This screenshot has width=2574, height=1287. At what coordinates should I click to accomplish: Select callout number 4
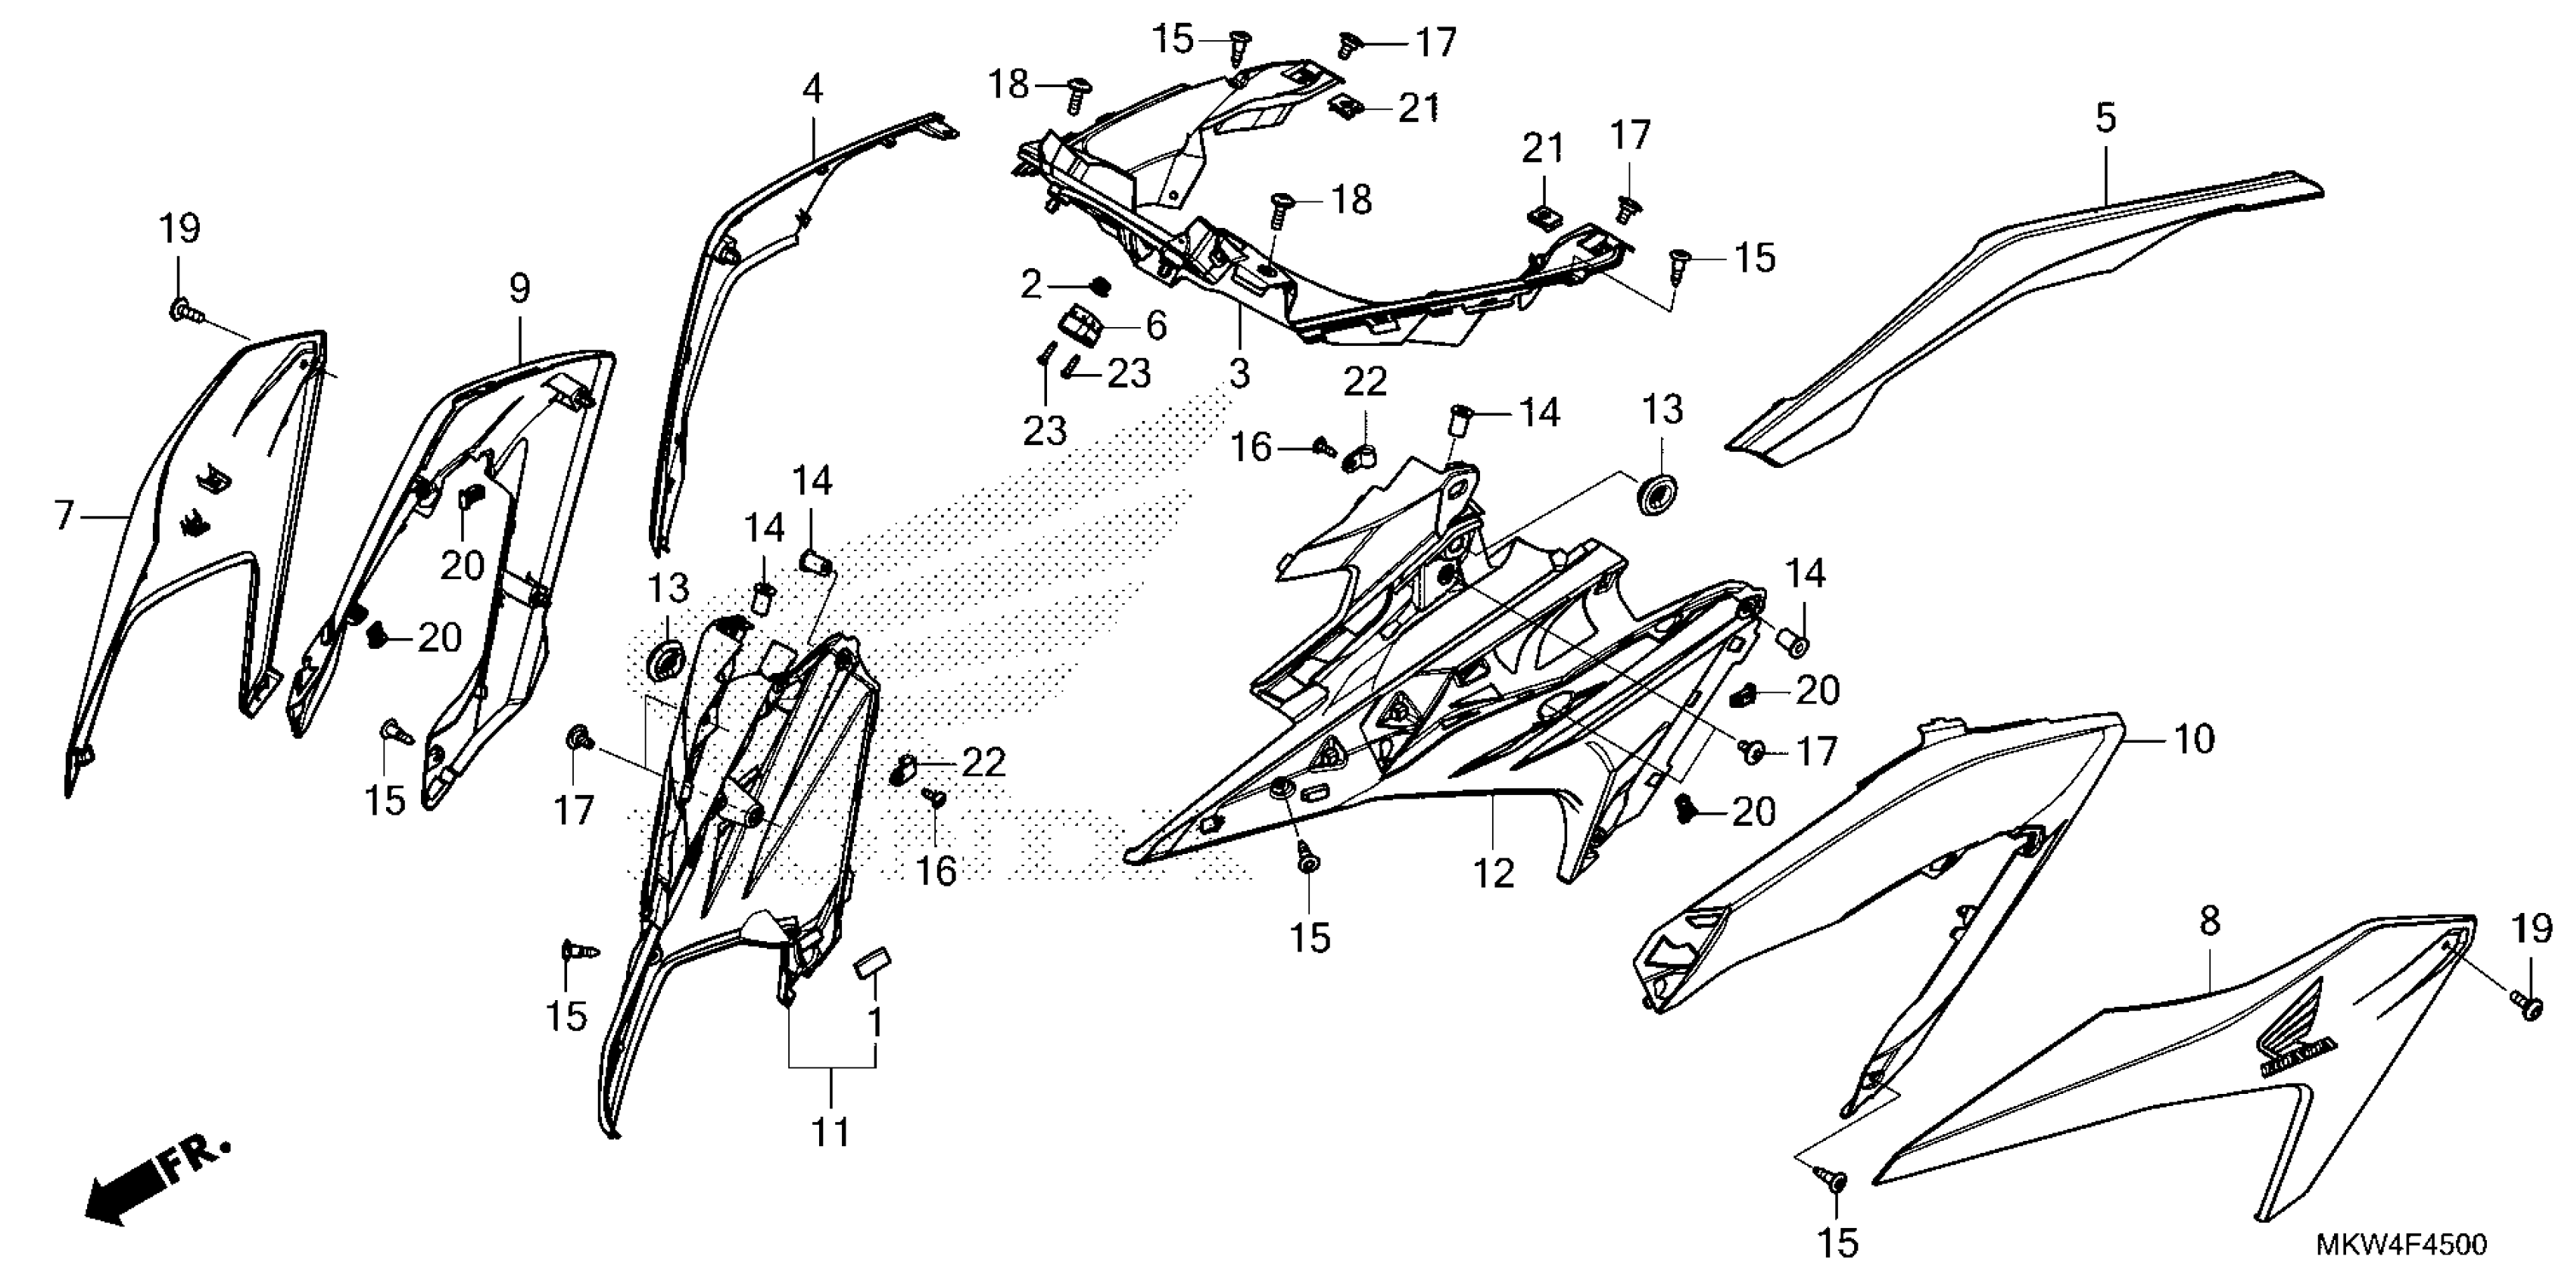pyautogui.click(x=812, y=90)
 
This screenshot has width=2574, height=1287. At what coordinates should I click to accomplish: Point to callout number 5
pyautogui.click(x=2105, y=119)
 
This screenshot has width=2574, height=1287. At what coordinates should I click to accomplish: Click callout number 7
pyautogui.click(x=64, y=516)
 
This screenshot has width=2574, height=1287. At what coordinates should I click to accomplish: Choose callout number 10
pyautogui.click(x=2194, y=740)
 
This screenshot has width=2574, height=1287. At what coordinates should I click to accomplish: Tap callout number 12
pyautogui.click(x=1494, y=874)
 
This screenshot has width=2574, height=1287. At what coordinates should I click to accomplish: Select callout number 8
pyautogui.click(x=2209, y=921)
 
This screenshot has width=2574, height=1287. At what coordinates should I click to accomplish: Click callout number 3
pyautogui.click(x=1239, y=375)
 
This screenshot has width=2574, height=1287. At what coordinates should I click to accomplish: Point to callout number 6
pyautogui.click(x=1155, y=325)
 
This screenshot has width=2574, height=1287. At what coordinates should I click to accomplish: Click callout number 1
pyautogui.click(x=875, y=1024)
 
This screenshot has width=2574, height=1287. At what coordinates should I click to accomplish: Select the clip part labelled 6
pyautogui.click(x=1080, y=324)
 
